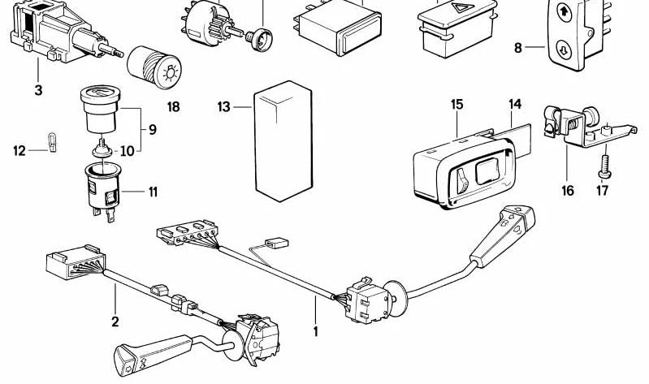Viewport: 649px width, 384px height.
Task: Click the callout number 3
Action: click(37, 90)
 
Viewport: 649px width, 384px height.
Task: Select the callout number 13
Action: click(225, 106)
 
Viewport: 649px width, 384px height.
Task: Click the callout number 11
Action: click(152, 192)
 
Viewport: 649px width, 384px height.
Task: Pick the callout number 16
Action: click(567, 191)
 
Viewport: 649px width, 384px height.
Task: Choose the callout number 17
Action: click(602, 191)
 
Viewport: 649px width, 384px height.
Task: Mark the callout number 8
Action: click(518, 47)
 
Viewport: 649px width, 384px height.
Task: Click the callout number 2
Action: click(115, 321)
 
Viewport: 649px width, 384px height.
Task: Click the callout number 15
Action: click(457, 104)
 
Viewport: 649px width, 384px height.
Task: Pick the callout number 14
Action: click(515, 104)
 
